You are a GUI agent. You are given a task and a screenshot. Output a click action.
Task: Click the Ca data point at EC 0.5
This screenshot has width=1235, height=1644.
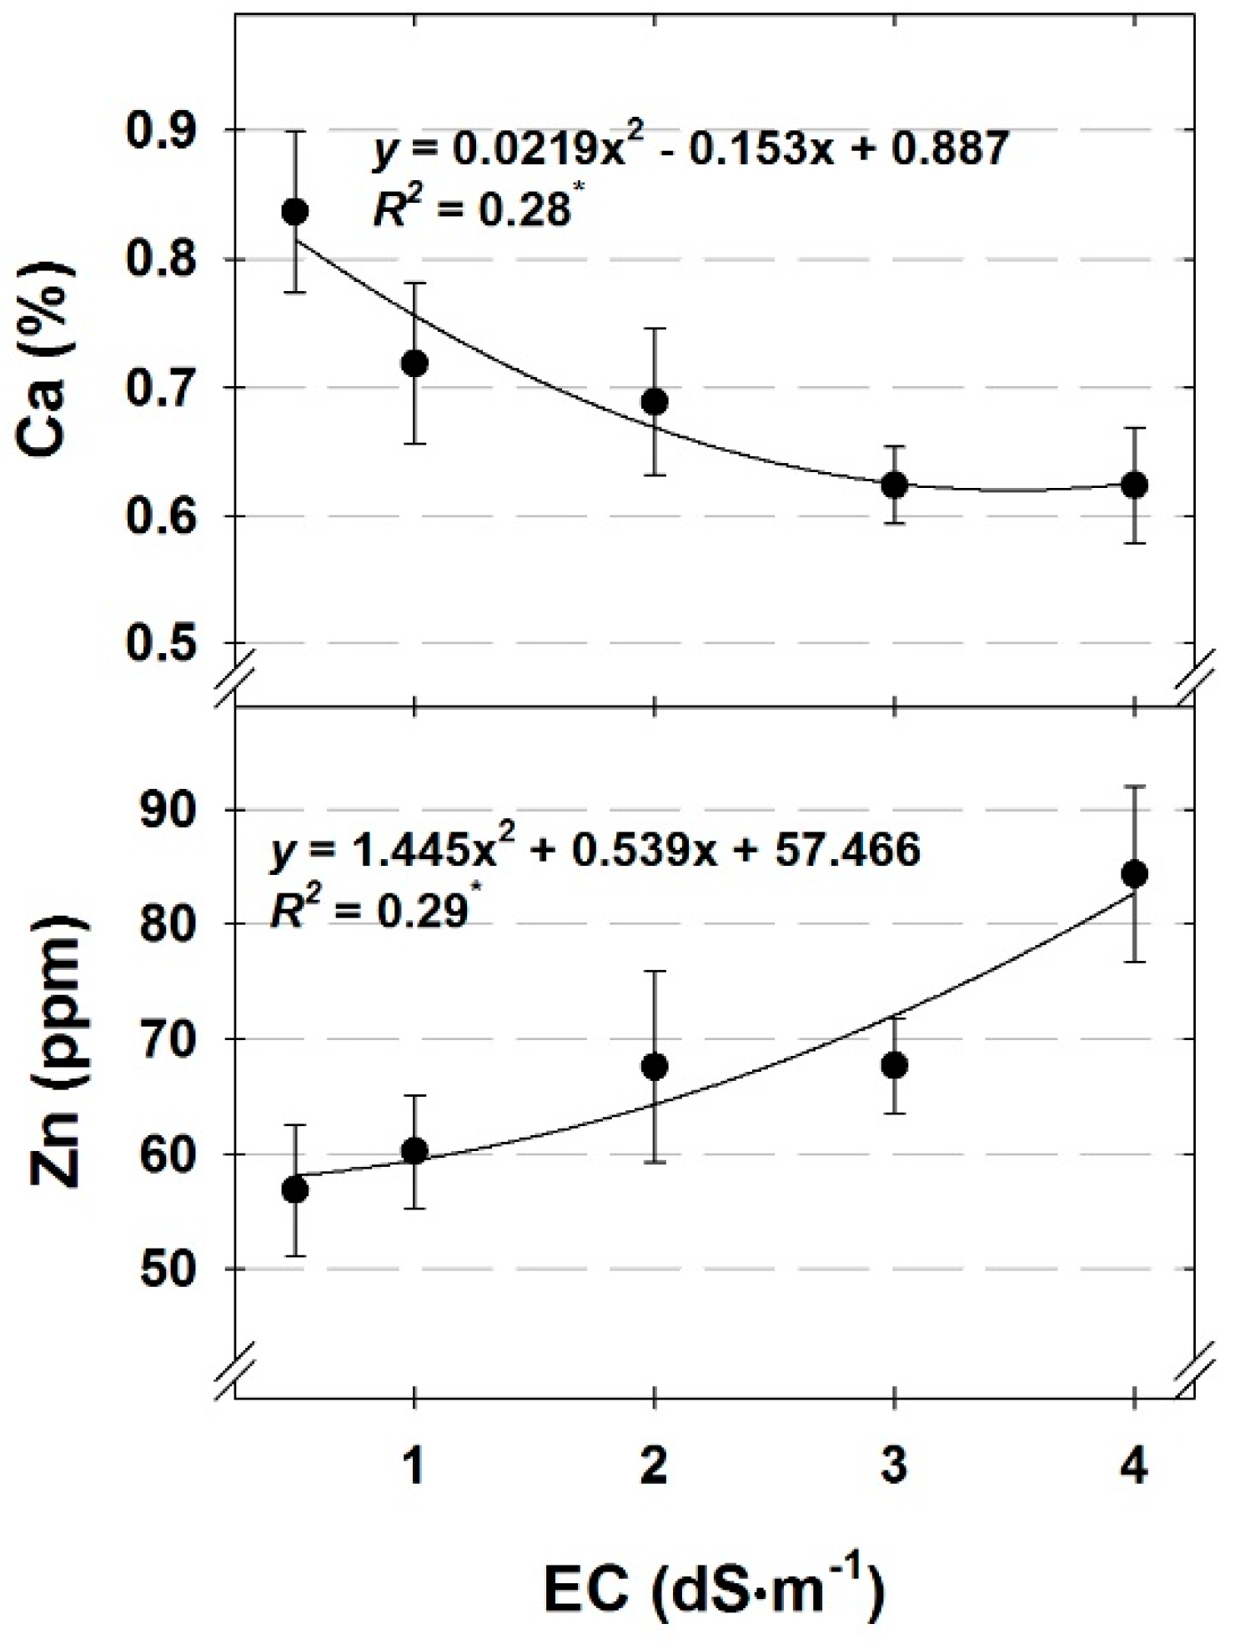click(294, 211)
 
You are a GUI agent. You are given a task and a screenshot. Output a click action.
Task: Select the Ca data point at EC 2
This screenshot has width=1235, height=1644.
click(655, 402)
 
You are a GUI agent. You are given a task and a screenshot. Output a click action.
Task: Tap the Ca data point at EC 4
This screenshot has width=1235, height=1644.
click(1133, 485)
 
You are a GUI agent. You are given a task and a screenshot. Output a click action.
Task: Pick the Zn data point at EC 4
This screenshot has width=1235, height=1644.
click(1133, 874)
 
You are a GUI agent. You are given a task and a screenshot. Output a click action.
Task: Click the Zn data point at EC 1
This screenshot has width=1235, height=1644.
click(414, 1151)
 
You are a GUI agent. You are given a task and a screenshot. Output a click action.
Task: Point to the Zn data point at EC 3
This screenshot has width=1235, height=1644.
click(894, 1065)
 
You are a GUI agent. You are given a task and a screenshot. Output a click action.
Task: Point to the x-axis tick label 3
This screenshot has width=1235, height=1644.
click(894, 1466)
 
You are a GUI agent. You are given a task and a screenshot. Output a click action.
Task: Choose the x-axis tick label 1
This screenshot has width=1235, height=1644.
click(414, 1466)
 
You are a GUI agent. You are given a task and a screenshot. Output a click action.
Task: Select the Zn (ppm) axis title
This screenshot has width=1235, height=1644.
click(57, 1055)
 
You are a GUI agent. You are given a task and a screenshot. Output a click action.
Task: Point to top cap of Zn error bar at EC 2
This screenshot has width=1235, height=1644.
click(655, 971)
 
